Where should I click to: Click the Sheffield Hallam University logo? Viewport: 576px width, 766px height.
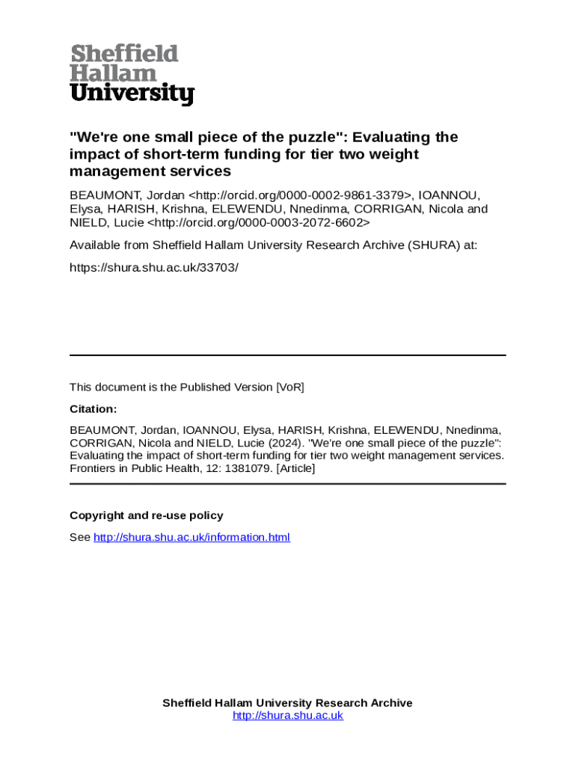tap(132, 74)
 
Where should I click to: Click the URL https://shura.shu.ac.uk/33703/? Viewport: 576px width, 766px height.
tap(154, 266)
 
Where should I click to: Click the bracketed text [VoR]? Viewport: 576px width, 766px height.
tap(290, 387)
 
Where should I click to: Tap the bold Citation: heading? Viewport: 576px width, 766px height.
tap(94, 409)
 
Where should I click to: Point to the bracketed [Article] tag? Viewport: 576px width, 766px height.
tap(295, 468)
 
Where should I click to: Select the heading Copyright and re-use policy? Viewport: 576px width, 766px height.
tap(147, 515)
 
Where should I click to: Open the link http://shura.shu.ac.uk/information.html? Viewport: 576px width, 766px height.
tap(192, 537)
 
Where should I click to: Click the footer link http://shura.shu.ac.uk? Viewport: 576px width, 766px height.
tap(288, 715)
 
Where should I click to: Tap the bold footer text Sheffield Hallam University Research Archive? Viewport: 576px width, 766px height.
tap(288, 702)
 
